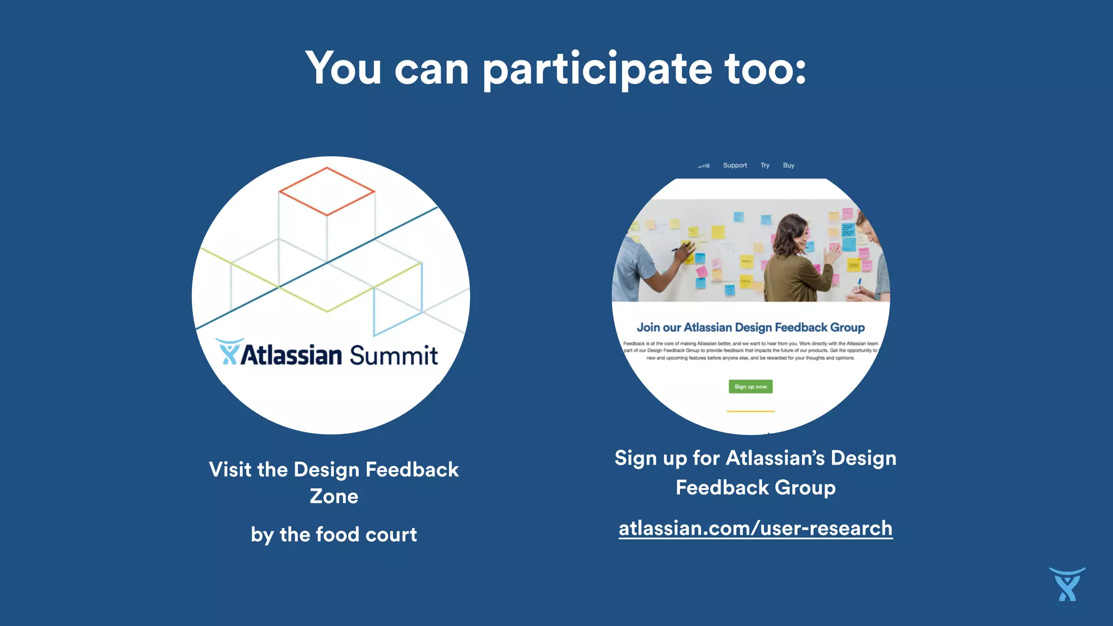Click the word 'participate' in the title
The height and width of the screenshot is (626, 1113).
[x=597, y=70]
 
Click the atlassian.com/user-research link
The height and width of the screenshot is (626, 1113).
[x=755, y=528]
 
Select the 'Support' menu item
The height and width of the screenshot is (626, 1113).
[x=735, y=165]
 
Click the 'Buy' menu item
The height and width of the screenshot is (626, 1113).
[x=789, y=165]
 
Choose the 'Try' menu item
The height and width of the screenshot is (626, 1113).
[x=765, y=165]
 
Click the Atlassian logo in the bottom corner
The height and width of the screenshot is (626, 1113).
[x=1067, y=585]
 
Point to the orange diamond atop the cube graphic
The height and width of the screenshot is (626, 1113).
[x=327, y=191]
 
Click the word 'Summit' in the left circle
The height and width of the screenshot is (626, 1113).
[x=393, y=355]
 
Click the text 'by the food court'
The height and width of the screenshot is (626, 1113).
[x=334, y=535]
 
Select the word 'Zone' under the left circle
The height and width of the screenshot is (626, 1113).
[x=334, y=496]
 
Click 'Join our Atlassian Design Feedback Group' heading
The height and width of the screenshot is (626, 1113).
[x=751, y=327]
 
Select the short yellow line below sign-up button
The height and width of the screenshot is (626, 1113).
[x=751, y=411]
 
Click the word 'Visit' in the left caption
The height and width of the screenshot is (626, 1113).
[x=230, y=469]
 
